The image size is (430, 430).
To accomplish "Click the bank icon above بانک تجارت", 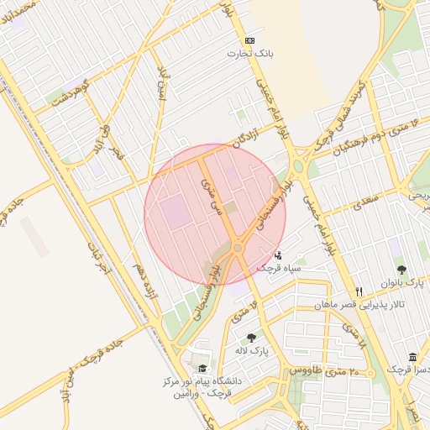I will click(249, 40).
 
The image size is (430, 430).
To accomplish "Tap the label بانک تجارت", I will click(249, 54).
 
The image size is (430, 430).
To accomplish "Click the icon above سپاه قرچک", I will click(279, 254).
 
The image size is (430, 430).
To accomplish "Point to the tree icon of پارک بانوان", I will click(401, 270).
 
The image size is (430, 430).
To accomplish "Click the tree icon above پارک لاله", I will click(251, 338).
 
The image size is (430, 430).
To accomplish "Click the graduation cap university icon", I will click(201, 369).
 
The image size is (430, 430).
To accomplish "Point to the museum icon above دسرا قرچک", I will click(412, 357).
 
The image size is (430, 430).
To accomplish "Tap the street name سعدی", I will click(365, 203).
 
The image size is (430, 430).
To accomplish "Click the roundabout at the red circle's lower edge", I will click(238, 248).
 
